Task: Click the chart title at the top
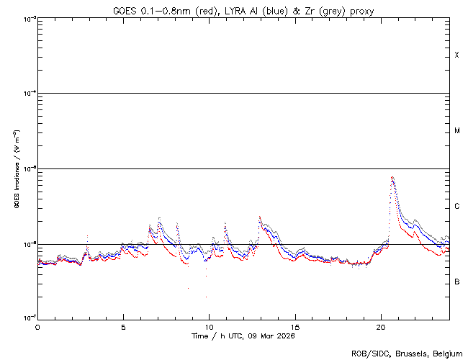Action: tap(243, 10)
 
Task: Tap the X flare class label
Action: tap(457, 55)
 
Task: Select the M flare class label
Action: tap(457, 131)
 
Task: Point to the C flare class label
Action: tap(457, 207)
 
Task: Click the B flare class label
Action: tap(457, 282)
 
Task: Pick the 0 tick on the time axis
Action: tap(37, 326)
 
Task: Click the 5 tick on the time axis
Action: tap(123, 326)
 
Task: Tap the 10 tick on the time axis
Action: tap(209, 326)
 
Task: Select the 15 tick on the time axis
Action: tap(295, 326)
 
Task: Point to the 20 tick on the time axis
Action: tap(381, 326)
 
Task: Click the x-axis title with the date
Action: tap(243, 336)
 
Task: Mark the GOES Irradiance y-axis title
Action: tap(16, 169)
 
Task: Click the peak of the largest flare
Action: tap(392, 177)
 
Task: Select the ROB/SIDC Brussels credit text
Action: tap(406, 354)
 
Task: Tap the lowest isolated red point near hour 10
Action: tap(206, 297)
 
